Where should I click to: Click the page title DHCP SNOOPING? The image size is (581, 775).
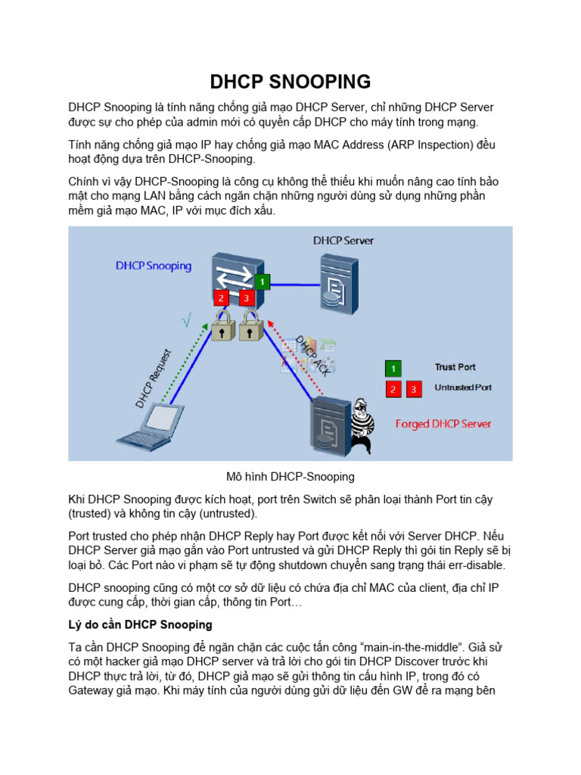pos(290,82)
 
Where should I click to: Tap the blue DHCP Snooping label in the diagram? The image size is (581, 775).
pos(154,266)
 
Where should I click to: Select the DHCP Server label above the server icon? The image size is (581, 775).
pos(343,241)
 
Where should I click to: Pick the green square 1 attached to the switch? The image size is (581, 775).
pos(262,282)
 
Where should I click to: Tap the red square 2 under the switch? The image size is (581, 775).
pos(221,298)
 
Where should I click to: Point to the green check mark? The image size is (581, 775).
pos(186,322)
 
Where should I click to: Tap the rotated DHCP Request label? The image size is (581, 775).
pos(154,378)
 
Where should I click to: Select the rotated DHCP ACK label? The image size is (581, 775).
pos(311,356)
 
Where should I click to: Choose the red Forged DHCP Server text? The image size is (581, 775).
pos(443,424)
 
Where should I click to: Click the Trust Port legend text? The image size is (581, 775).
pos(455,367)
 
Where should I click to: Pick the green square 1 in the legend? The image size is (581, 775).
pos(393,369)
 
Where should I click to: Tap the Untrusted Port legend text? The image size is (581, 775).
pos(463,387)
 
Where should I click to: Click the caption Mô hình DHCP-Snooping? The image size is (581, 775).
pos(290,478)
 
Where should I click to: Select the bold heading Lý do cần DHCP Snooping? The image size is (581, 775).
pos(140,625)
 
